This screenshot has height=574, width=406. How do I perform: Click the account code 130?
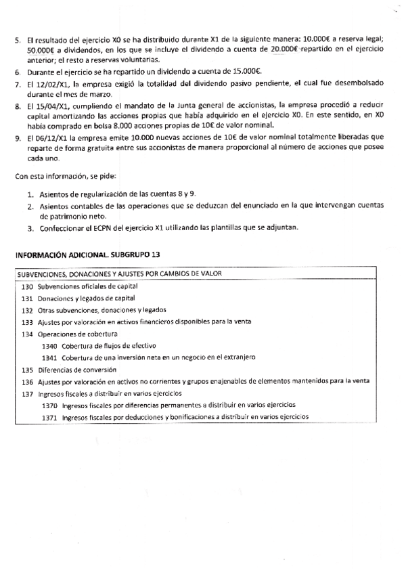[x=27, y=287]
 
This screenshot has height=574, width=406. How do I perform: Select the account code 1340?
[x=49, y=345]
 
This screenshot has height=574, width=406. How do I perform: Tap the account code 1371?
[x=49, y=418]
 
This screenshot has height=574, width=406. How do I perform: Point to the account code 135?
[x=27, y=370]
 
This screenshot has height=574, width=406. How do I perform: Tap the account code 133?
[x=27, y=322]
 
